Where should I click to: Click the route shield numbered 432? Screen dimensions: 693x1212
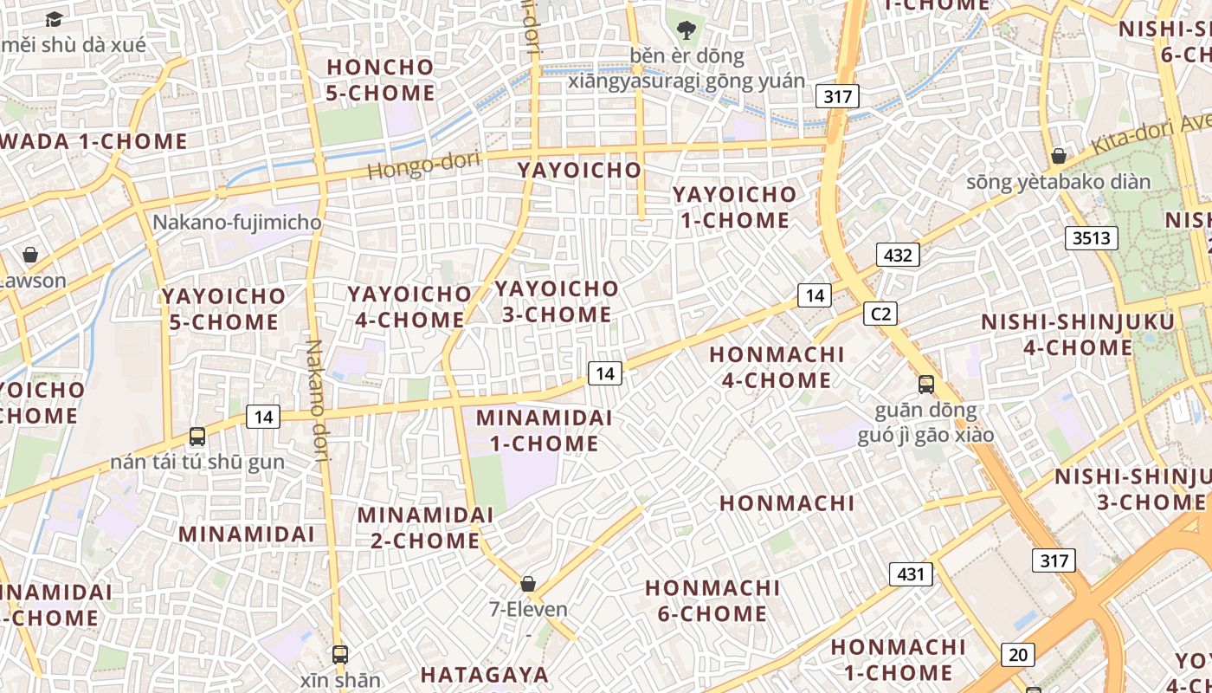click(898, 255)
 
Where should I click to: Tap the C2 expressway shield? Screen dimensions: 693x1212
click(880, 314)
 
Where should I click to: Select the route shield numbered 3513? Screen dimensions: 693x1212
click(1091, 238)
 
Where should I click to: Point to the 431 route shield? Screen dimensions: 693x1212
click(911, 573)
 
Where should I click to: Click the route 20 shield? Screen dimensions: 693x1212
click(1018, 655)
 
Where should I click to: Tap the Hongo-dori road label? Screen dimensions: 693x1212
click(422, 165)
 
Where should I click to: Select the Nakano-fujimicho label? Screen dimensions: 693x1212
click(236, 223)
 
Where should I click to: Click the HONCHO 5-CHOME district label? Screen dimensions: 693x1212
click(380, 80)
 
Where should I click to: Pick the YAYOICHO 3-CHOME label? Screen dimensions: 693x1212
click(557, 301)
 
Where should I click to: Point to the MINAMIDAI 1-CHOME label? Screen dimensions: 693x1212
click(544, 431)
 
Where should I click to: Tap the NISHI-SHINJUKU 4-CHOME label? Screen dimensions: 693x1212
click(1078, 335)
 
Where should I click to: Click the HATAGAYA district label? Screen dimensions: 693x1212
click(485, 674)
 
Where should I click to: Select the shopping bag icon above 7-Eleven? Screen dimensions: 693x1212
click(528, 584)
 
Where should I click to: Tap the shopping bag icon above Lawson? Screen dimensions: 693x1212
click(30, 255)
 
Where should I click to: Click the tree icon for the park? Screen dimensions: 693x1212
click(687, 30)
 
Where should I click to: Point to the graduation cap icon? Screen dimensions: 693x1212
click(54, 19)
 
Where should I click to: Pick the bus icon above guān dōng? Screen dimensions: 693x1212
click(926, 385)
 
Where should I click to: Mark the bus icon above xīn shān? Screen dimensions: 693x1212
click(340, 655)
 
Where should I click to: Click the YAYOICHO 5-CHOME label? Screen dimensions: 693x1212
click(223, 309)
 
